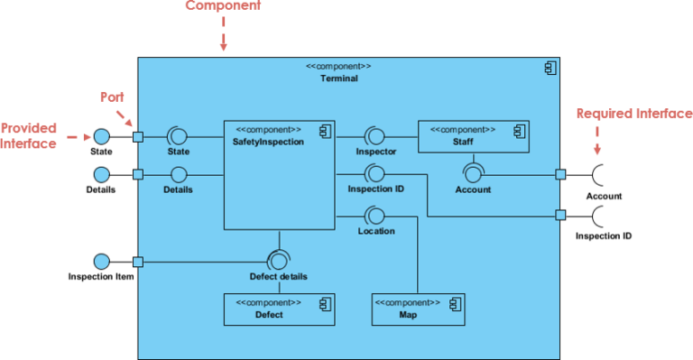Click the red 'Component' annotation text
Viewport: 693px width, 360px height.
click(223, 6)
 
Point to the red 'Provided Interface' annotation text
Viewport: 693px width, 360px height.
click(29, 135)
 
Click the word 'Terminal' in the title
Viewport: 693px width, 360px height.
click(338, 78)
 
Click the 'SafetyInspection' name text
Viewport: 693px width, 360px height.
click(268, 142)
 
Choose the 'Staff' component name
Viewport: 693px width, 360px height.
click(462, 142)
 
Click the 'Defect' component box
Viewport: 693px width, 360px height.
click(279, 309)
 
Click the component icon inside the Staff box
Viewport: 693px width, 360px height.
click(519, 131)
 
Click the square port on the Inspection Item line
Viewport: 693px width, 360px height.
click(138, 263)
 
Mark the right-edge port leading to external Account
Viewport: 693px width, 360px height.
click(560, 174)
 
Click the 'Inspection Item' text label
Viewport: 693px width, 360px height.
click(101, 277)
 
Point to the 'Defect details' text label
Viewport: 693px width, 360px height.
click(278, 277)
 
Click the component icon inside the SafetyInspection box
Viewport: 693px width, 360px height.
click(325, 131)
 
